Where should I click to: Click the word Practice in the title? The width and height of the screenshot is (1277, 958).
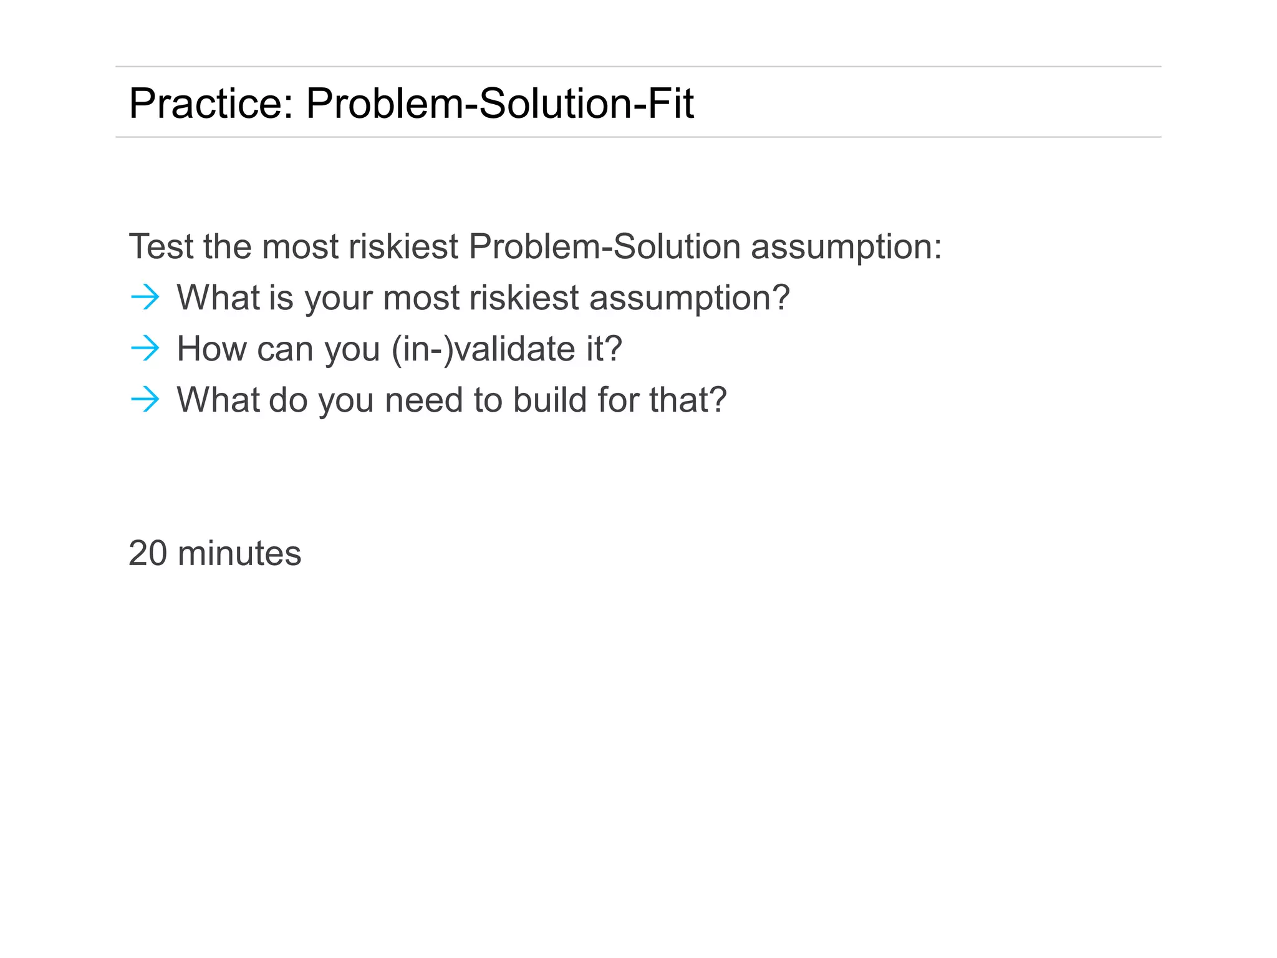coord(210,104)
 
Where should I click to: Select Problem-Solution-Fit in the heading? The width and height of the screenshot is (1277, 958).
coord(499,104)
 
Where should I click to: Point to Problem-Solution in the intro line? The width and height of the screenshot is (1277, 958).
coord(604,246)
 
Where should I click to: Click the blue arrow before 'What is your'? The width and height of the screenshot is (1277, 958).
coord(145,298)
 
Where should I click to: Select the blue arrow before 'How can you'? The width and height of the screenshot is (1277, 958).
coord(145,349)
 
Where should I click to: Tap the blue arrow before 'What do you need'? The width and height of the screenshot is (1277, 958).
coord(145,400)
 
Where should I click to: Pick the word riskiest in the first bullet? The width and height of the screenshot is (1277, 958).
coord(524,298)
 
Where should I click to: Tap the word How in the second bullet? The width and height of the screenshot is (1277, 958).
coord(212,349)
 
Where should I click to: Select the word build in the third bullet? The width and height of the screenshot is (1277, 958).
coord(550,400)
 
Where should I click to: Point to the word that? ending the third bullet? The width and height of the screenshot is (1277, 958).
coord(688,400)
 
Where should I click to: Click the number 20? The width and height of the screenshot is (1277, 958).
coord(148,553)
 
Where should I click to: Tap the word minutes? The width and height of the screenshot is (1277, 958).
coord(239,553)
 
